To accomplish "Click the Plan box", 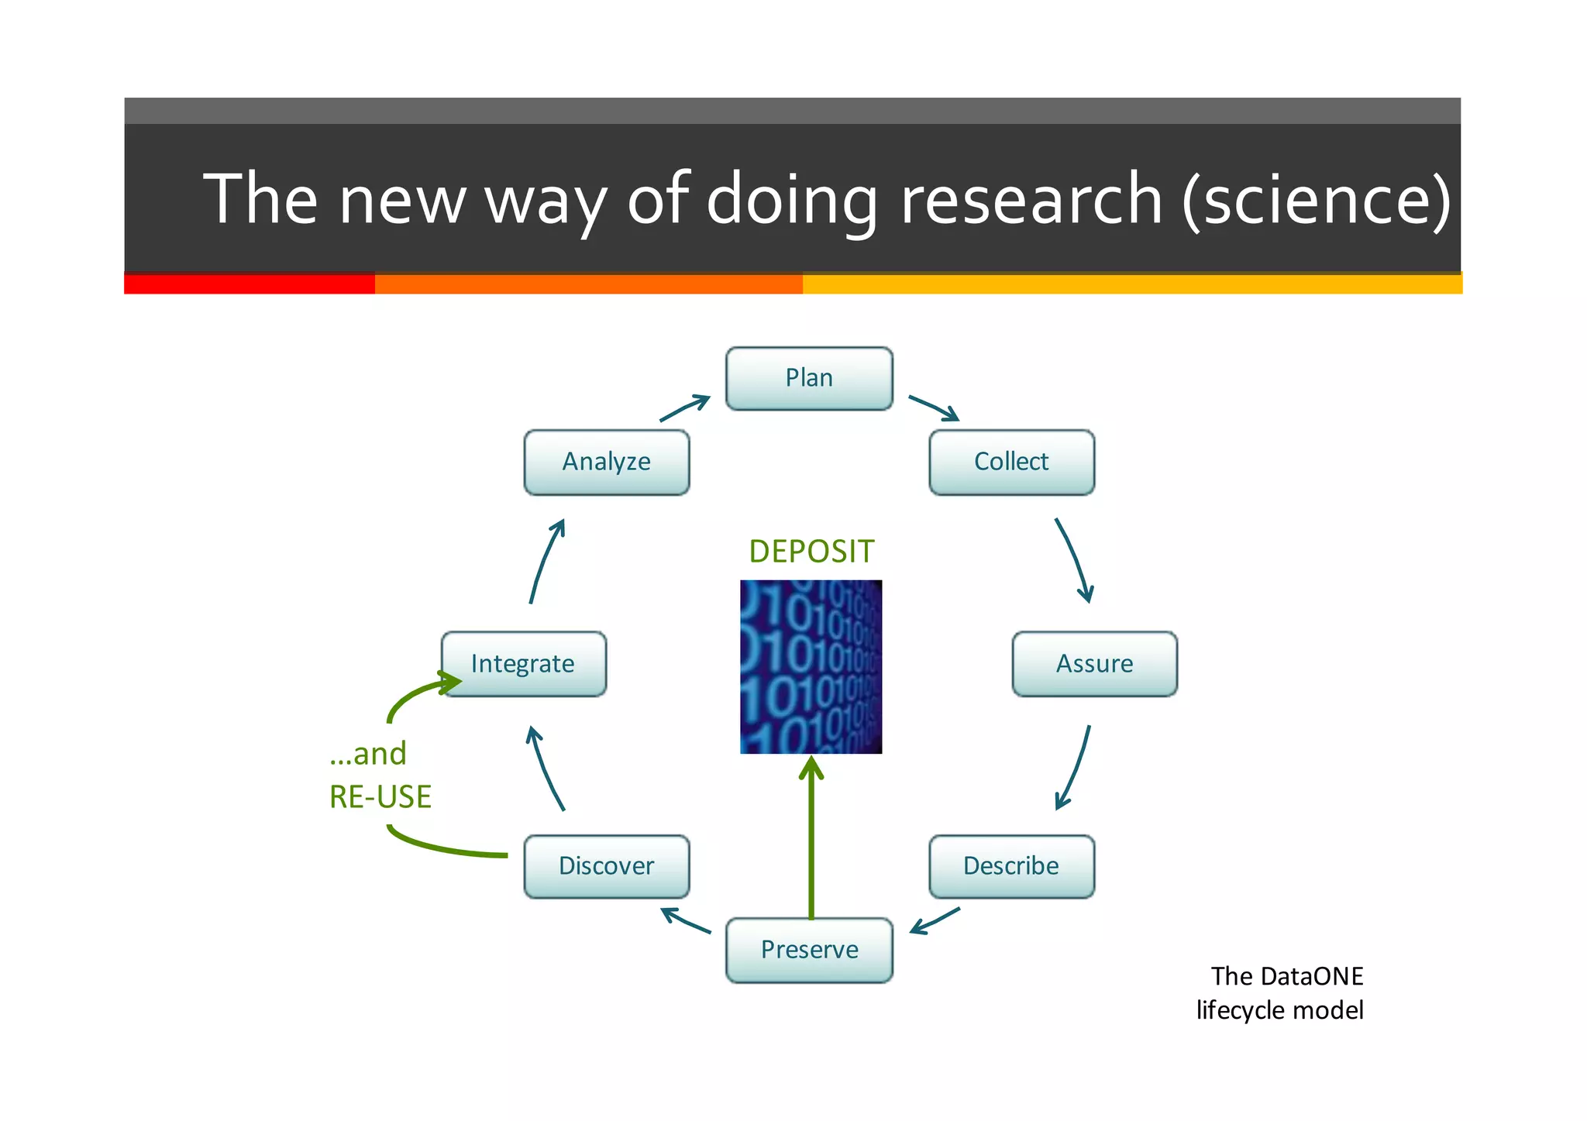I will [x=809, y=378].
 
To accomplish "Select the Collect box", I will [x=1011, y=462].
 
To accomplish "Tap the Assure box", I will [x=1094, y=664].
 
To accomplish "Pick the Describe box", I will [x=1011, y=866].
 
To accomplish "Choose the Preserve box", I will [x=809, y=950].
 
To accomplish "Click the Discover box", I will [x=606, y=866].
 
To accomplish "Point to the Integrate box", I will [x=523, y=664].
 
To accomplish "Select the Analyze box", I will [x=606, y=462].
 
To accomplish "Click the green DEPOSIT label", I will [x=811, y=552].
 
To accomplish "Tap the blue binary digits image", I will [x=811, y=666].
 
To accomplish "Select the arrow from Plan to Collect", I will [x=934, y=407].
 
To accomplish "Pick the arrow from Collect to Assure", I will [x=1075, y=559].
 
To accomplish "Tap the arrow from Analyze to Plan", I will [x=684, y=408].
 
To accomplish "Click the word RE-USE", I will [x=380, y=797].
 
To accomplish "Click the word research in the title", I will [x=1031, y=200].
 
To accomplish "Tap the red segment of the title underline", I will [x=249, y=284].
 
